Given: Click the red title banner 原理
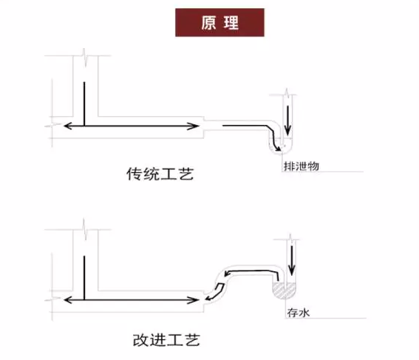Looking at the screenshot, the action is pyautogui.click(x=219, y=22).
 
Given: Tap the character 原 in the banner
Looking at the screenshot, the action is pyautogui.click(x=208, y=23).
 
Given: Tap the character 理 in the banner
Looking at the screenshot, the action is pyautogui.click(x=231, y=23).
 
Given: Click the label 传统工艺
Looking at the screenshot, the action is pyautogui.click(x=160, y=174).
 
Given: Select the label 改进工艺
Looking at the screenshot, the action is pyautogui.click(x=166, y=340).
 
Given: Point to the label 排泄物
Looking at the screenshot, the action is pyautogui.click(x=302, y=166).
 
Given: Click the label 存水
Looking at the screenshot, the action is pyautogui.click(x=299, y=313).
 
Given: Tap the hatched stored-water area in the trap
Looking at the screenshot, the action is pyautogui.click(x=284, y=291).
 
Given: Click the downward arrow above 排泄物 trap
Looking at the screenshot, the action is pyautogui.click(x=287, y=120).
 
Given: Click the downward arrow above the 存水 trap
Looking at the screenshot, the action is pyautogui.click(x=292, y=260).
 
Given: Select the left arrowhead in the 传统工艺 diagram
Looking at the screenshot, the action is pyautogui.click(x=68, y=126).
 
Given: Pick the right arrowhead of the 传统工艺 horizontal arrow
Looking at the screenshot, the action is pyautogui.click(x=194, y=126).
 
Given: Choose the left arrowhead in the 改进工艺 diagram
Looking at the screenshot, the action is pyautogui.click(x=68, y=300).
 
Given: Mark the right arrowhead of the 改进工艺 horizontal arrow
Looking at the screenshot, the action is pyautogui.click(x=194, y=300).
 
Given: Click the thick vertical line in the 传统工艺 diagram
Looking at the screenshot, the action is pyautogui.click(x=84, y=103).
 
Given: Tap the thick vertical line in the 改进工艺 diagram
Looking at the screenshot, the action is pyautogui.click(x=84, y=278).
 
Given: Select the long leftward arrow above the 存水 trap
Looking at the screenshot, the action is pyautogui.click(x=251, y=272).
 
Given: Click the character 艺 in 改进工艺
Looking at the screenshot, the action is pyautogui.click(x=193, y=340).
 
